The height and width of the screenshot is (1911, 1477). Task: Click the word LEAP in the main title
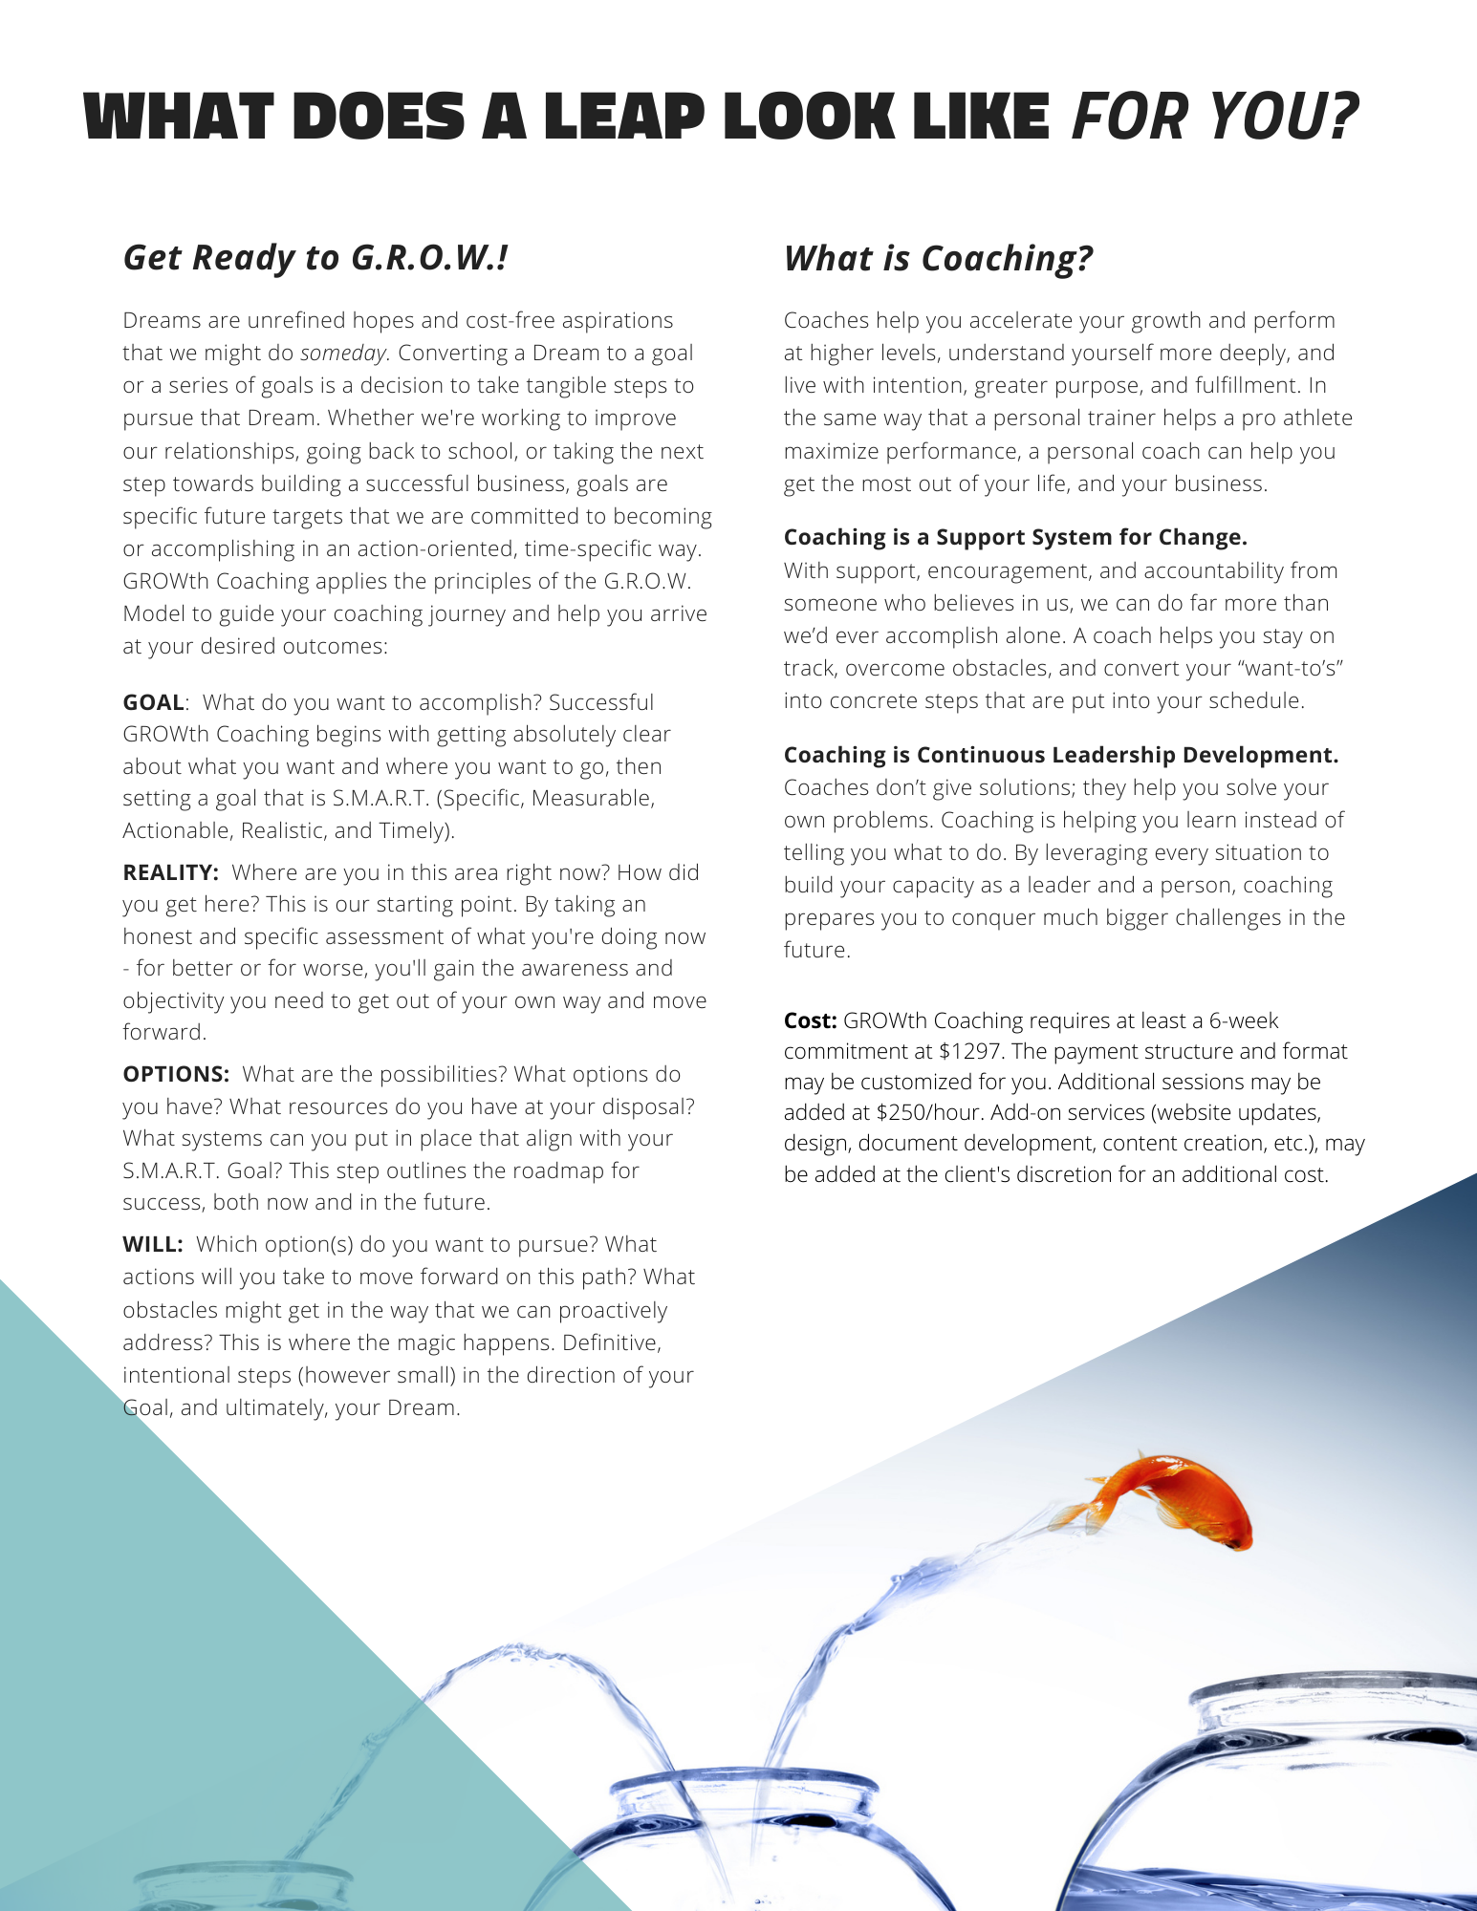(x=624, y=119)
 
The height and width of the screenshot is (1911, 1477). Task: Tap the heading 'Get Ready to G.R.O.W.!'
(x=315, y=258)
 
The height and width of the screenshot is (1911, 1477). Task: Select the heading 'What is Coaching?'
(x=938, y=259)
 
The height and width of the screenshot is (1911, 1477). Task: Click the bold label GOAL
(x=153, y=702)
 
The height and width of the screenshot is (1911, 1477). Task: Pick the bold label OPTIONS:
(x=176, y=1074)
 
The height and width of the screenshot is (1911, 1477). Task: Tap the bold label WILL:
(x=152, y=1244)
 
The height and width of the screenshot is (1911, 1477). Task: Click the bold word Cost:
(x=810, y=1020)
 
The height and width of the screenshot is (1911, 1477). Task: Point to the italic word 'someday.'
(x=344, y=354)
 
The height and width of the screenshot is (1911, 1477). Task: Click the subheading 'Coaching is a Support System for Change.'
(x=1015, y=537)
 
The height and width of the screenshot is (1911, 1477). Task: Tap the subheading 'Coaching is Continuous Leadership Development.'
(x=1061, y=755)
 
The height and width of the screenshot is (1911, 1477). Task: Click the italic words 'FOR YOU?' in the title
(x=1214, y=118)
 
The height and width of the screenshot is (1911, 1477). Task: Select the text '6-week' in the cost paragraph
(x=1243, y=1020)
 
